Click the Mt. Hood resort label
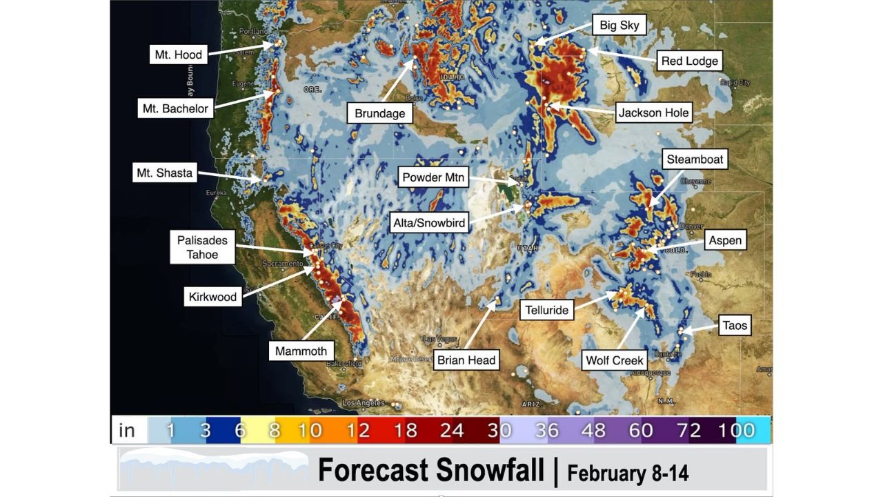(x=178, y=55)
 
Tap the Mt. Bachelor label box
(x=175, y=108)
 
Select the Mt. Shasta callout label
(x=164, y=173)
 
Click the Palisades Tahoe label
(x=202, y=247)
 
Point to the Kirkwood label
(x=212, y=297)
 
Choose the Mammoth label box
(x=301, y=351)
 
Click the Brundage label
(x=379, y=113)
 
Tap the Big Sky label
(x=619, y=26)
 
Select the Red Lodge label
(x=689, y=61)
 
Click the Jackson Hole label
(x=653, y=113)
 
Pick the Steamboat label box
(x=695, y=159)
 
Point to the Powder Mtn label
(x=433, y=177)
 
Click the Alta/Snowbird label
(x=428, y=223)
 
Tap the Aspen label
(x=725, y=240)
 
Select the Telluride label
(x=546, y=310)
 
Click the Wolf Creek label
(x=614, y=360)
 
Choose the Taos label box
(x=734, y=325)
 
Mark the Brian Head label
(x=467, y=360)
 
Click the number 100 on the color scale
(x=735, y=431)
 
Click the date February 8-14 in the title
(x=627, y=473)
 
